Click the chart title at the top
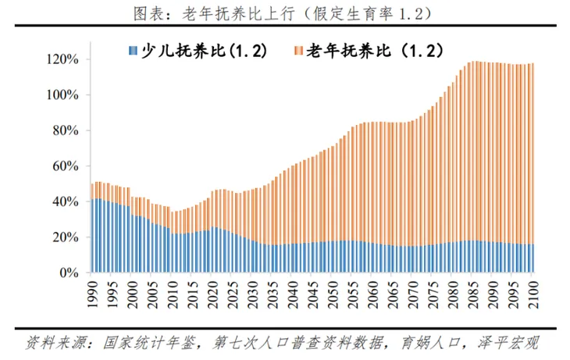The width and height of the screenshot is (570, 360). (x=284, y=12)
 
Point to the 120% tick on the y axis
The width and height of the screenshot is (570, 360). (x=62, y=59)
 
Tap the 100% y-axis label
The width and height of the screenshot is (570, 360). (x=62, y=95)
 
